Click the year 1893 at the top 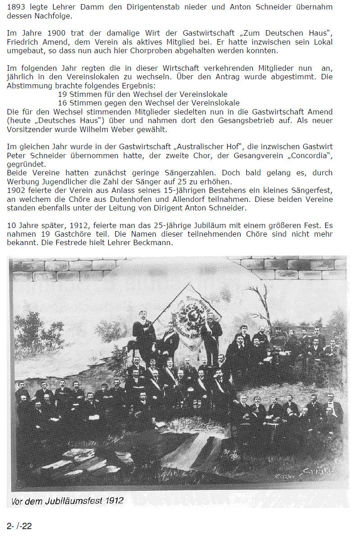pyautogui.click(x=16, y=7)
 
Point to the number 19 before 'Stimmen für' pyautogui.click(x=62, y=94)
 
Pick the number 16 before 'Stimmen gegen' pyautogui.click(x=62, y=103)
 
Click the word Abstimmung pyautogui.click(x=29, y=86)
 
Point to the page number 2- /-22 pyautogui.click(x=19, y=526)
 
